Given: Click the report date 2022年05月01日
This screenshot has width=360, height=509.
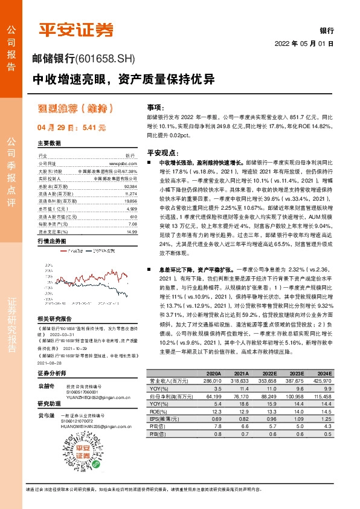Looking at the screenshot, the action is tap(304, 44).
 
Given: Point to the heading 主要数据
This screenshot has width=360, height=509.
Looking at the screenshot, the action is tap(50, 144).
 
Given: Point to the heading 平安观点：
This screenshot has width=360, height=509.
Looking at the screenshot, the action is tap(161, 153).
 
